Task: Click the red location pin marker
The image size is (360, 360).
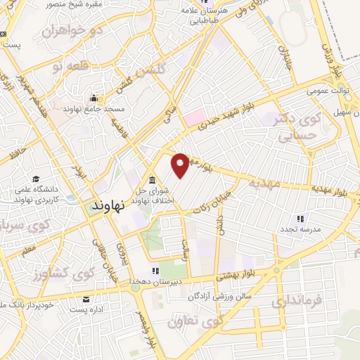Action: [180, 165]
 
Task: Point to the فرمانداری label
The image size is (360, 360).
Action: [299, 302]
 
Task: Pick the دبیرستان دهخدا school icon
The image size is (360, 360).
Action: [155, 271]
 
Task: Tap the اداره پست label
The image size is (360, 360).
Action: [94, 309]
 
